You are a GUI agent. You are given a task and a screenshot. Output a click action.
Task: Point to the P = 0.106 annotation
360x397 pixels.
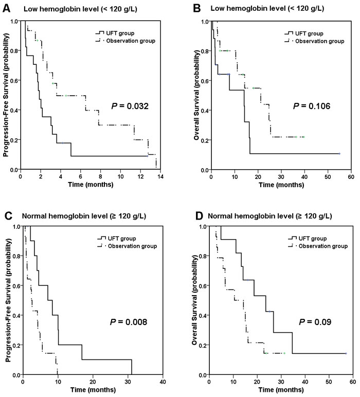[x=311, y=106]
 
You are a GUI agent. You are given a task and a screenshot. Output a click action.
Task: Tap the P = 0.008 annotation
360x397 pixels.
[x=129, y=322]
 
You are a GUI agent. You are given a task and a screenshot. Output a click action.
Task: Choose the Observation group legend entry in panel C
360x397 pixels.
[x=131, y=245]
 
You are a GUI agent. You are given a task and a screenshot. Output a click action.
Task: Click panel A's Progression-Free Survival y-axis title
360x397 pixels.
[x=6, y=96]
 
